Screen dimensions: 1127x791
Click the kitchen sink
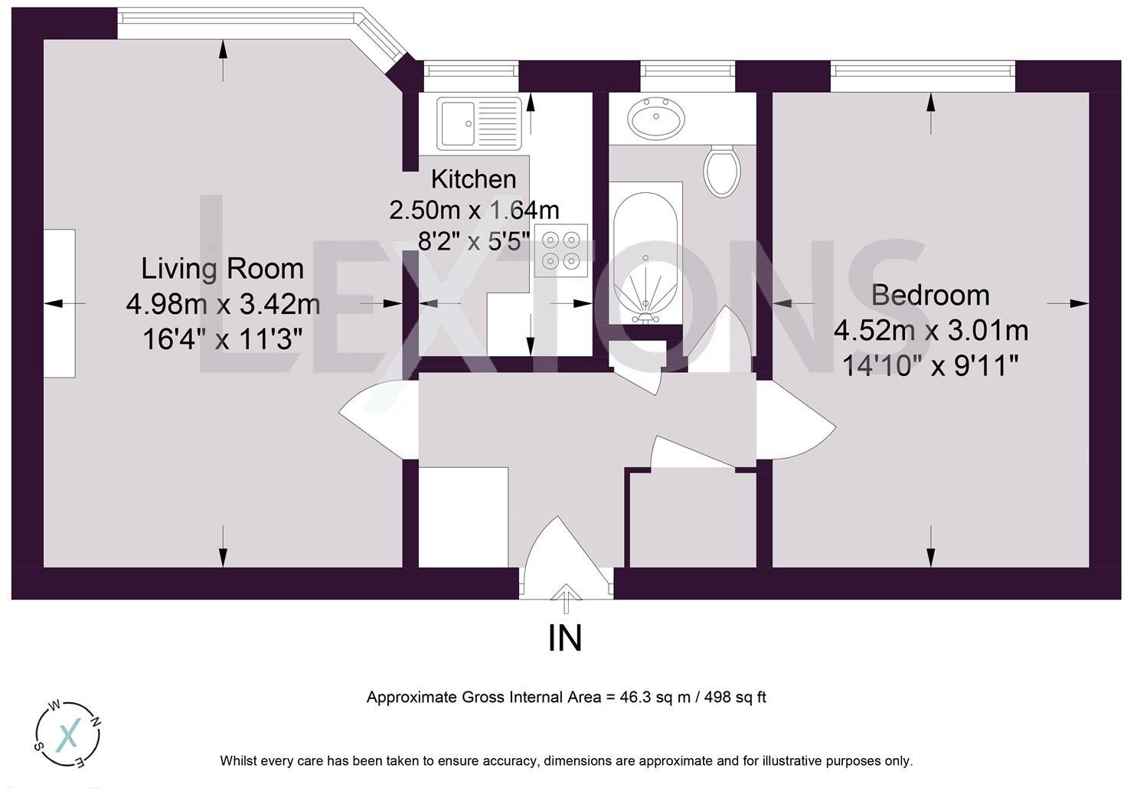click(x=479, y=123)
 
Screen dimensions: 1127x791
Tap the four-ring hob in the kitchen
click(x=561, y=250)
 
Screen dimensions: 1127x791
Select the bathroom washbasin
click(x=655, y=118)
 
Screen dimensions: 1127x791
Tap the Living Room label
click(x=222, y=269)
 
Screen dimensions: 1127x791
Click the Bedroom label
click(x=930, y=296)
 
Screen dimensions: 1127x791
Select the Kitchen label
click(x=473, y=180)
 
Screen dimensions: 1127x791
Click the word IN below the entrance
click(x=564, y=639)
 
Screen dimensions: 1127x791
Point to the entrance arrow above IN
click(x=566, y=599)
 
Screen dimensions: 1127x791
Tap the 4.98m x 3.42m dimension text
click(x=223, y=305)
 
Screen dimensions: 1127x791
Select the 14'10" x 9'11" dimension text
click(x=930, y=366)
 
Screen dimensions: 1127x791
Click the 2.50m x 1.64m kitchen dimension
click(x=474, y=211)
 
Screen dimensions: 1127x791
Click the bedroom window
click(x=923, y=76)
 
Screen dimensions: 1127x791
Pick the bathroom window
click(x=688, y=76)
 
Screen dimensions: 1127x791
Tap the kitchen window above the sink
click(x=472, y=76)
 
